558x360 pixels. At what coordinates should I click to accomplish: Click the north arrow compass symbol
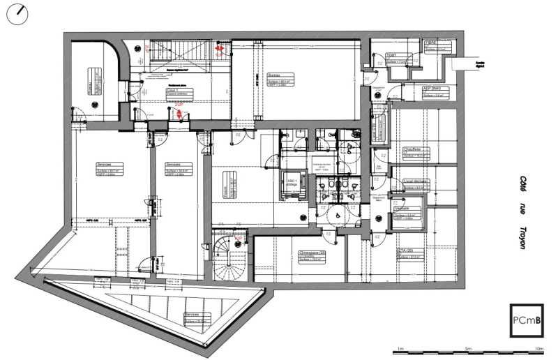click(16, 15)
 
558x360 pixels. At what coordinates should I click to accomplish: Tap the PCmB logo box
click(525, 321)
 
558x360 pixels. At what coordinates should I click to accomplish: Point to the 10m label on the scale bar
click(538, 348)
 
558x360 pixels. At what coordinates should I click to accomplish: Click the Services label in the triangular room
click(192, 315)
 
